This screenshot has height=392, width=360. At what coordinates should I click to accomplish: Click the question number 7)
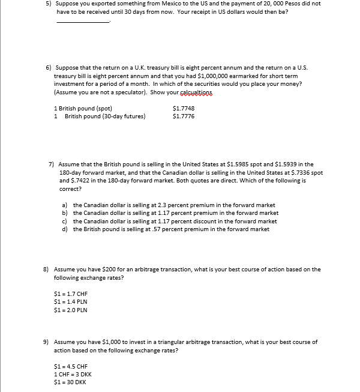click(52, 164)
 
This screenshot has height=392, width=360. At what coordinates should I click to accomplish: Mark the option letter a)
click(65, 205)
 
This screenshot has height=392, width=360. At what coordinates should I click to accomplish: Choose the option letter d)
click(65, 229)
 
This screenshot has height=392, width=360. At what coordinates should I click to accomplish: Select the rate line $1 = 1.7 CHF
click(71, 294)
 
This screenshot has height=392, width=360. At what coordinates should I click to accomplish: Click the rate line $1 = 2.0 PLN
click(71, 310)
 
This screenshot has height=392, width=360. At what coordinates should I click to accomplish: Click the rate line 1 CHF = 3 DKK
click(73, 374)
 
